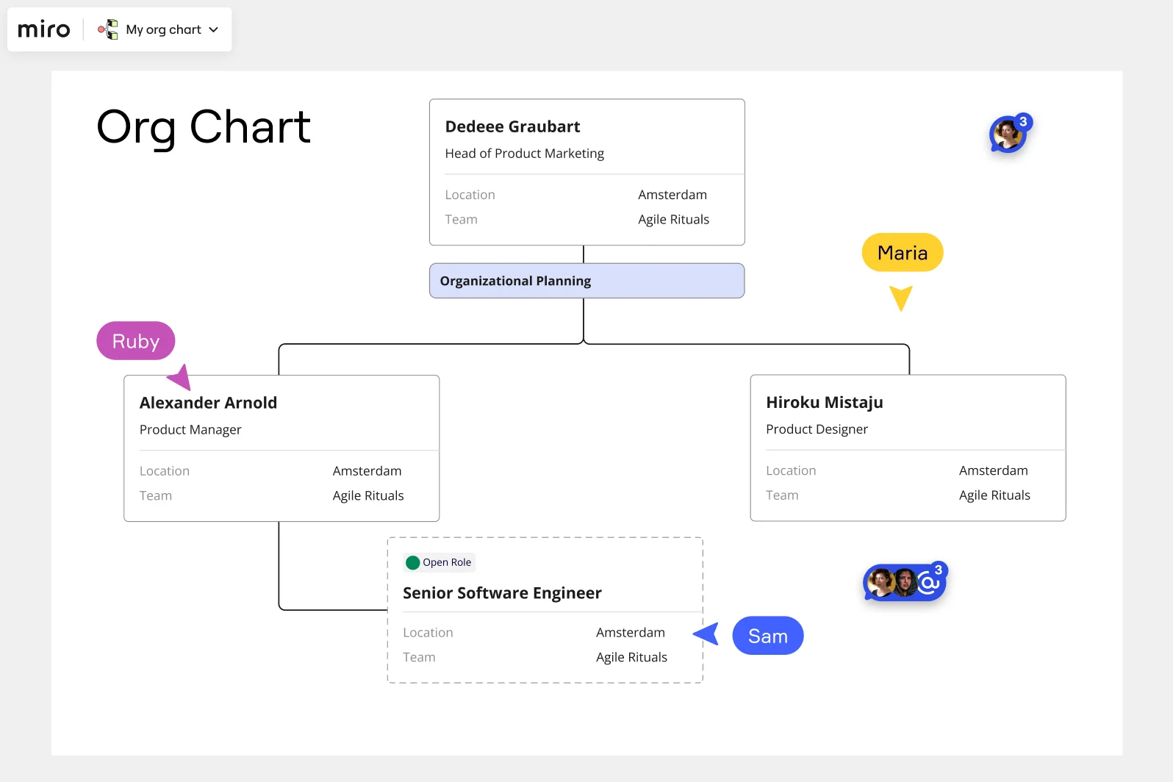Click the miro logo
coord(44,29)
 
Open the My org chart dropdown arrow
coord(214,30)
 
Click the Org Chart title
coord(204,127)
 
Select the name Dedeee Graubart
coord(512,126)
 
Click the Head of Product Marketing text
coord(524,153)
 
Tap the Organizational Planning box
coord(586,281)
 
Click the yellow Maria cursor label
coord(902,253)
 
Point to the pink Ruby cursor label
coord(135,341)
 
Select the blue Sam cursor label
coord(767,636)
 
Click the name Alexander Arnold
coord(208,403)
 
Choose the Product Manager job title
coord(190,429)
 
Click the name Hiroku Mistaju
coord(824,402)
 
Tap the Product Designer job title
coord(817,429)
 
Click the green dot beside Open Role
coord(413,563)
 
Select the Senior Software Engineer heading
coord(502,593)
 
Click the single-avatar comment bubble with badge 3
coord(1008,134)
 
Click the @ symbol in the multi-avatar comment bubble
coord(928,584)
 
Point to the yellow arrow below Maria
coord(901,297)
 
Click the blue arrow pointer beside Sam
coord(707,634)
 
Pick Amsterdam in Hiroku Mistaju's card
coord(993,470)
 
